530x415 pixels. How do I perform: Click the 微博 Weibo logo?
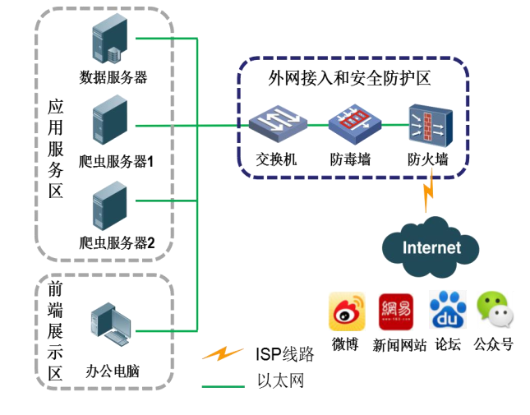[x=346, y=312]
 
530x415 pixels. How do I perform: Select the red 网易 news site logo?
[x=396, y=311]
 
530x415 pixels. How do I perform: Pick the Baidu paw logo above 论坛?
[x=448, y=311]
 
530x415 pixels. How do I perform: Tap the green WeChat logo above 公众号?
[x=495, y=311]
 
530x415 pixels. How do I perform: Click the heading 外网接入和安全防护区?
[x=350, y=79]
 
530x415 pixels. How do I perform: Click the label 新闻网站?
[x=399, y=345]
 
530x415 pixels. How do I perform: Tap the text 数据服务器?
[x=113, y=78]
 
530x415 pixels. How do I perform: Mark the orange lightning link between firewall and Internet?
[x=428, y=196]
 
